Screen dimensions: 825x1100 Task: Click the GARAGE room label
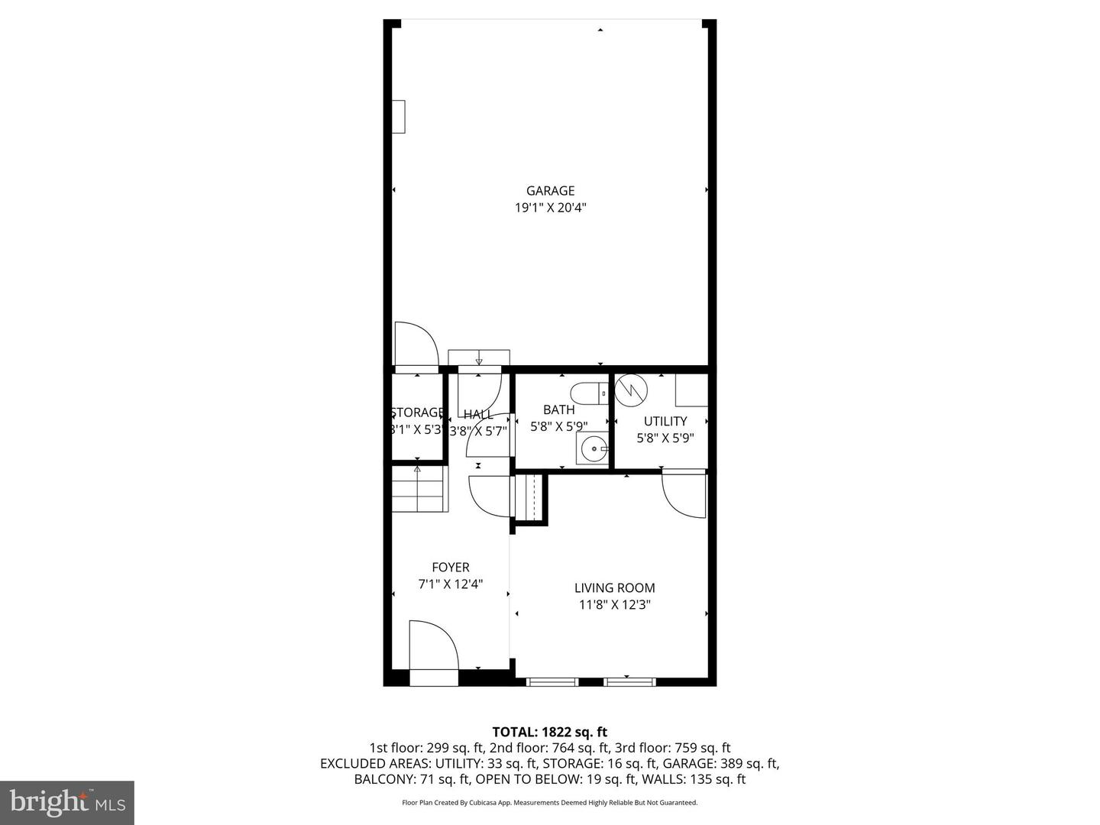click(550, 191)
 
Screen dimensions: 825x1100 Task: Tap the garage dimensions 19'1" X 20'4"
click(550, 208)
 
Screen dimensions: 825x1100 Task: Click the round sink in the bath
click(593, 449)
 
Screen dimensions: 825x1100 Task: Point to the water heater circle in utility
click(632, 390)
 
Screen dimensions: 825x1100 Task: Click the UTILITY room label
click(665, 421)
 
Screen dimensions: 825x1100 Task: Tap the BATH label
click(558, 410)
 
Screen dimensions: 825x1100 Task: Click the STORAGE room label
click(417, 412)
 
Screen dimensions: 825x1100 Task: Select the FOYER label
click(451, 568)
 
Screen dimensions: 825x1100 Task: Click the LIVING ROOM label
click(614, 588)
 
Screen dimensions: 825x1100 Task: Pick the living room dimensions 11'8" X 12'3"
click(614, 605)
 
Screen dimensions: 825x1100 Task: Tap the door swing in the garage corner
click(415, 346)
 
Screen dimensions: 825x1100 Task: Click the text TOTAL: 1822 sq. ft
click(549, 733)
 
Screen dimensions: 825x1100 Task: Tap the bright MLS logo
click(67, 802)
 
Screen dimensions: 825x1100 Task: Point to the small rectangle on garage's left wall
click(399, 116)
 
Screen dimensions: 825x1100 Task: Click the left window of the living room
click(552, 681)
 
